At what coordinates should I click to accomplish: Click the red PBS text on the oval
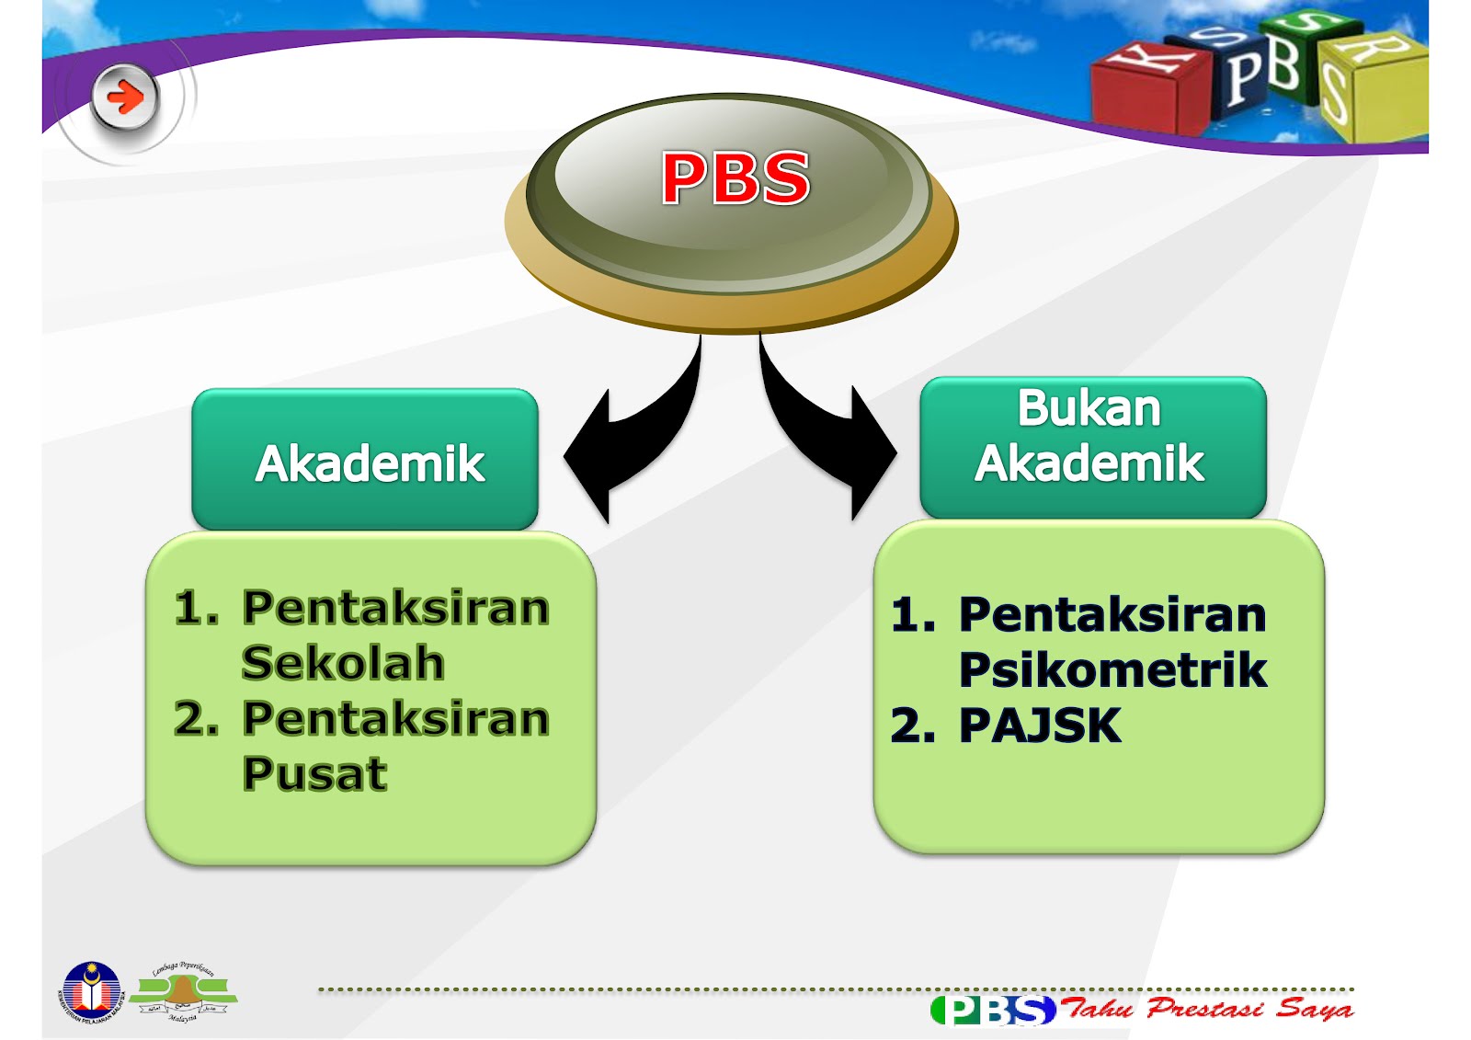(735, 177)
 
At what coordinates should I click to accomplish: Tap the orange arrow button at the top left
(125, 96)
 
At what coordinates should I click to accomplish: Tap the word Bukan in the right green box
(1089, 408)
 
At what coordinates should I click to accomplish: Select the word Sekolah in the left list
(343, 663)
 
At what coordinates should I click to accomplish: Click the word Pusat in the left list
(314, 773)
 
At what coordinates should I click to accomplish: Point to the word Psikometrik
(1112, 669)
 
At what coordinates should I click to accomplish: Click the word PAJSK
(1040, 726)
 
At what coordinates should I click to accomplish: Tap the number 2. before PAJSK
(913, 726)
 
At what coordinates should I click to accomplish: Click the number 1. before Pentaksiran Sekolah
(196, 608)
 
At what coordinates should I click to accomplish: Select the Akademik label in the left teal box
(370, 463)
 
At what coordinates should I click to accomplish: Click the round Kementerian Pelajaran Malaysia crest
(91, 992)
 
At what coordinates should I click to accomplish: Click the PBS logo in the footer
(993, 1010)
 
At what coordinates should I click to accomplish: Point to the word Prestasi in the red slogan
(1205, 1008)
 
